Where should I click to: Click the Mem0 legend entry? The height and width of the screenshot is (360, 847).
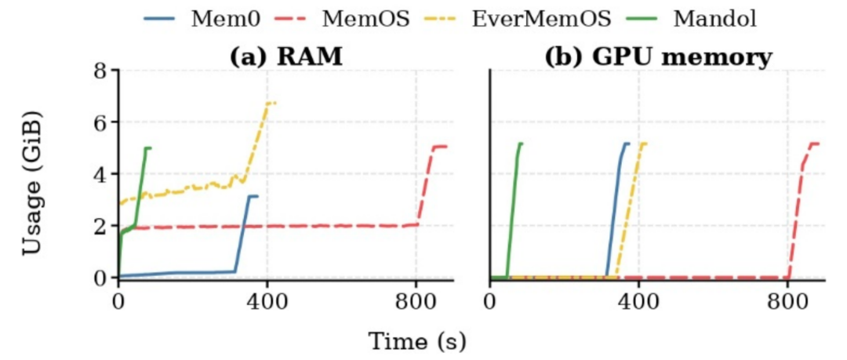[202, 20]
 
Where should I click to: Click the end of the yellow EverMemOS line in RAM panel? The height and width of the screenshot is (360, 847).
[275, 103]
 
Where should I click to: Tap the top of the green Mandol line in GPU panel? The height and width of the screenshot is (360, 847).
[521, 144]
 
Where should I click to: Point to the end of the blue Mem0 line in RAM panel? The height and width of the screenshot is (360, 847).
[258, 196]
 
